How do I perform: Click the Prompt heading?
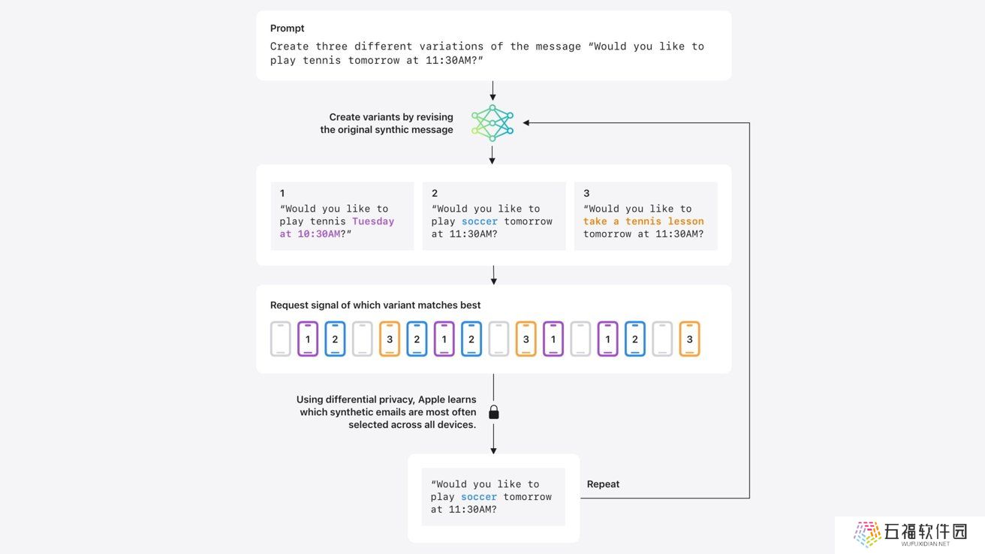click(x=287, y=28)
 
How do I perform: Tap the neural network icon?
click(x=492, y=123)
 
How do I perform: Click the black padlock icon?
click(x=494, y=412)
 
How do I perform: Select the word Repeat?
click(x=603, y=484)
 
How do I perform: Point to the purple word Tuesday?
click(x=373, y=221)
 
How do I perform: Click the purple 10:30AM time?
click(x=319, y=234)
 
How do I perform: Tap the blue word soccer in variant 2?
click(x=479, y=221)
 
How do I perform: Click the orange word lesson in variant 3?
click(x=685, y=221)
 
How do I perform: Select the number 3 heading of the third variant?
click(x=586, y=193)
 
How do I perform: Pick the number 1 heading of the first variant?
click(x=282, y=193)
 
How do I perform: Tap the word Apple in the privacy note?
click(x=431, y=399)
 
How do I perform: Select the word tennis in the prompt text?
click(x=321, y=60)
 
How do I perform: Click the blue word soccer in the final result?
click(x=478, y=497)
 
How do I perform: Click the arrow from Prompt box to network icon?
click(x=492, y=91)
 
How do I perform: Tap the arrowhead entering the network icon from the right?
click(x=526, y=123)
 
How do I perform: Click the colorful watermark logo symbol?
click(x=867, y=534)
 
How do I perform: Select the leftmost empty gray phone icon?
click(x=281, y=339)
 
